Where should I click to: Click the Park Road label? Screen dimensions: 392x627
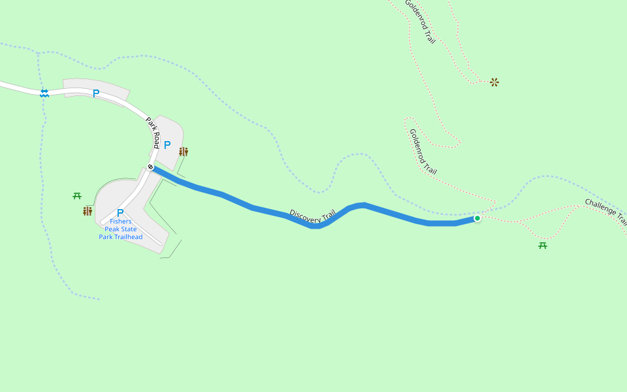point(153,133)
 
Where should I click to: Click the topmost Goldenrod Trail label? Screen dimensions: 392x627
point(419,22)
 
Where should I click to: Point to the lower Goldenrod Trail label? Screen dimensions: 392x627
point(423,152)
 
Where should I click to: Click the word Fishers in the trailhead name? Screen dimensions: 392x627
point(120,221)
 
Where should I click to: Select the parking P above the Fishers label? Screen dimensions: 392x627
point(120,212)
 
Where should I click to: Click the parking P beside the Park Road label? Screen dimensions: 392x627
point(167,145)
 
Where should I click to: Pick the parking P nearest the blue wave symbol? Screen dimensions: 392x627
point(96,93)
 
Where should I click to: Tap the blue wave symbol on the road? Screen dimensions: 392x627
point(44,93)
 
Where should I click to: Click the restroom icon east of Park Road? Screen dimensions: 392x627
point(184,152)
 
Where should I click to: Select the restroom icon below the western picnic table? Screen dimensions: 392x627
point(88,211)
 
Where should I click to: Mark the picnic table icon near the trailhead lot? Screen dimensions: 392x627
point(77,195)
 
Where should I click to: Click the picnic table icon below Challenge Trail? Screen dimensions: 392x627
point(543,246)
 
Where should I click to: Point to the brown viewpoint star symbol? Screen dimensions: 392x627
point(494,82)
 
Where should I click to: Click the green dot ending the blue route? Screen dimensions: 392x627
point(477,218)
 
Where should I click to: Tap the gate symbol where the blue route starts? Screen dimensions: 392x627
point(151,167)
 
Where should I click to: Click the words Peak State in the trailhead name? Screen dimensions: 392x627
point(121,229)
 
